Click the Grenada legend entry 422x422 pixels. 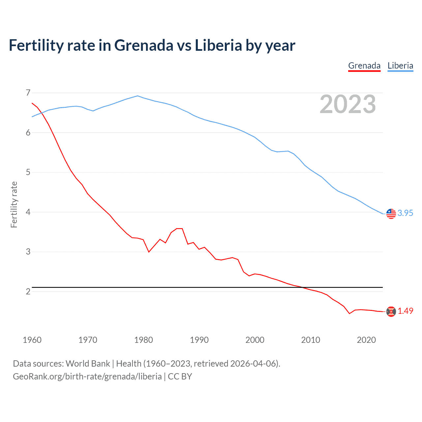(x=364, y=66)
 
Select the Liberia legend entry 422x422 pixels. (x=400, y=66)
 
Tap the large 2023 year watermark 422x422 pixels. (x=348, y=104)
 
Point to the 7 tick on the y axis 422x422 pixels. (x=28, y=93)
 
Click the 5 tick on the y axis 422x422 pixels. (x=28, y=172)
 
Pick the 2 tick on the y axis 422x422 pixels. (x=28, y=291)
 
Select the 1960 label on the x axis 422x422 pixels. (x=32, y=340)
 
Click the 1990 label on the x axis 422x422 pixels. (x=199, y=340)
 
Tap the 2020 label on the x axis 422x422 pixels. (x=366, y=340)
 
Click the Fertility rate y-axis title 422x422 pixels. (x=14, y=204)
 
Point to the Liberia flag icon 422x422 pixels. (x=391, y=214)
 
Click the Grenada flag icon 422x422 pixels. (x=391, y=312)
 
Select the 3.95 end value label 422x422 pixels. (x=405, y=213)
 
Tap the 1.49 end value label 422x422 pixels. (x=405, y=311)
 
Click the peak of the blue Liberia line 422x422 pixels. (x=138, y=96)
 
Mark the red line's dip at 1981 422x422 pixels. (x=149, y=252)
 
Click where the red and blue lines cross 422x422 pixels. (x=42, y=113)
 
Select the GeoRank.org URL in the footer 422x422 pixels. (x=87, y=377)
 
